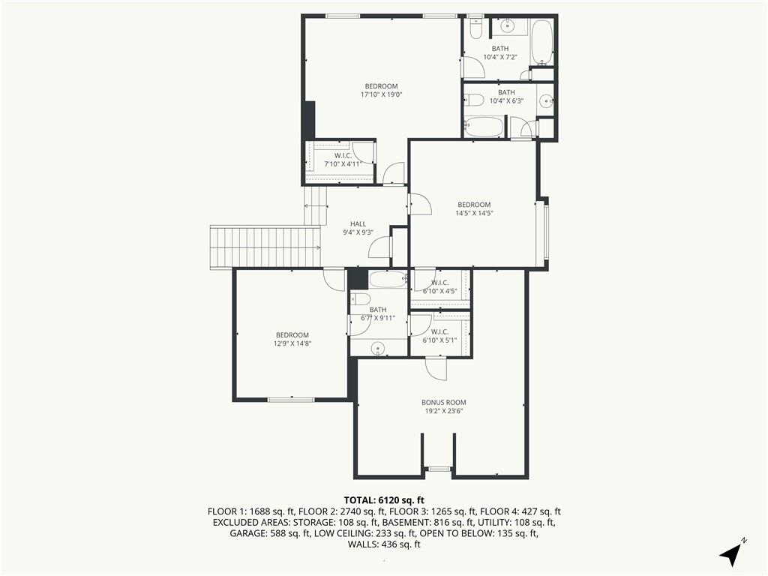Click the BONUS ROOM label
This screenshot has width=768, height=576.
tap(444, 402)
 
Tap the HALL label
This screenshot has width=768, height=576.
tap(358, 223)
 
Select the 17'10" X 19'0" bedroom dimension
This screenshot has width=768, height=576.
tap(381, 94)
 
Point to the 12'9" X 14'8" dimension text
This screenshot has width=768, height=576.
tap(292, 343)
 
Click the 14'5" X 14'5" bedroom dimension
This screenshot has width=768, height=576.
tap(474, 213)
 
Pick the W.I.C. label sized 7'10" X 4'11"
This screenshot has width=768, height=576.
tap(343, 156)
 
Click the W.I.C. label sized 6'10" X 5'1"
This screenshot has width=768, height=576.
tap(439, 331)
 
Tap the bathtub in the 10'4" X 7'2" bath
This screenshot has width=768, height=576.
tap(542, 43)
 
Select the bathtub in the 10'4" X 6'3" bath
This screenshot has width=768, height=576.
tap(484, 127)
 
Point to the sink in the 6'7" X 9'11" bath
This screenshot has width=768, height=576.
tap(378, 349)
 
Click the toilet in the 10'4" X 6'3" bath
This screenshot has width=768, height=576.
tap(474, 101)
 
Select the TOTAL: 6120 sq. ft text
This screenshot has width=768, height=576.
tap(384, 500)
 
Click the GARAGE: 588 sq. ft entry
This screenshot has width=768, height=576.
tap(269, 533)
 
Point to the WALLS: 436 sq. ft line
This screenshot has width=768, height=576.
tap(384, 544)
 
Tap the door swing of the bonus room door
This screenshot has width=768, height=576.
tap(436, 369)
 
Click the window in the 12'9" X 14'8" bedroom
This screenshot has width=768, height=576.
tap(291, 400)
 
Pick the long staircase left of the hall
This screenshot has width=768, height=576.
tap(265, 246)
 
